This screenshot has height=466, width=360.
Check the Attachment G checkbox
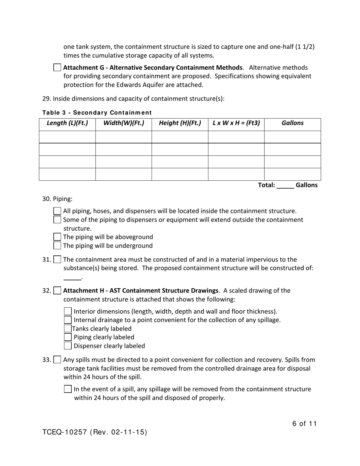[57, 68]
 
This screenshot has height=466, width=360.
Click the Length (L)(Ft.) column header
[67, 123]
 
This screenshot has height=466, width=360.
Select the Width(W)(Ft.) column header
[124, 123]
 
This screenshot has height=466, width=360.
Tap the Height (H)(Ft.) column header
[180, 123]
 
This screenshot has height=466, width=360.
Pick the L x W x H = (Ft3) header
[236, 123]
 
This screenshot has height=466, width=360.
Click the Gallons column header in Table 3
[293, 123]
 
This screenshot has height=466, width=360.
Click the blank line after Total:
[285, 186]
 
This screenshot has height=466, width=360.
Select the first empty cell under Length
[67, 137]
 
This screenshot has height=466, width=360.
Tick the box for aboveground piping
[57, 237]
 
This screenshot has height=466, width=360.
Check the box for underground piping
[57, 246]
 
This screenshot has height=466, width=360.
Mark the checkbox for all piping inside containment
[57, 211]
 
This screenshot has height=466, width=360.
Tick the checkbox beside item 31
[57, 260]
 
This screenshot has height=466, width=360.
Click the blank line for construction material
[72, 278]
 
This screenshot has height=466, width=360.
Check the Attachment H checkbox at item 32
[57, 291]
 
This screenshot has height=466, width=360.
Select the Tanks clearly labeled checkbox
[67, 329]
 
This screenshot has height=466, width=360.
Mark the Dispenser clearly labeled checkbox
[67, 346]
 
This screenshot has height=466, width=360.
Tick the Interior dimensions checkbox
[67, 311]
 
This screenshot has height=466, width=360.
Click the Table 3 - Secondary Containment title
[97, 113]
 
